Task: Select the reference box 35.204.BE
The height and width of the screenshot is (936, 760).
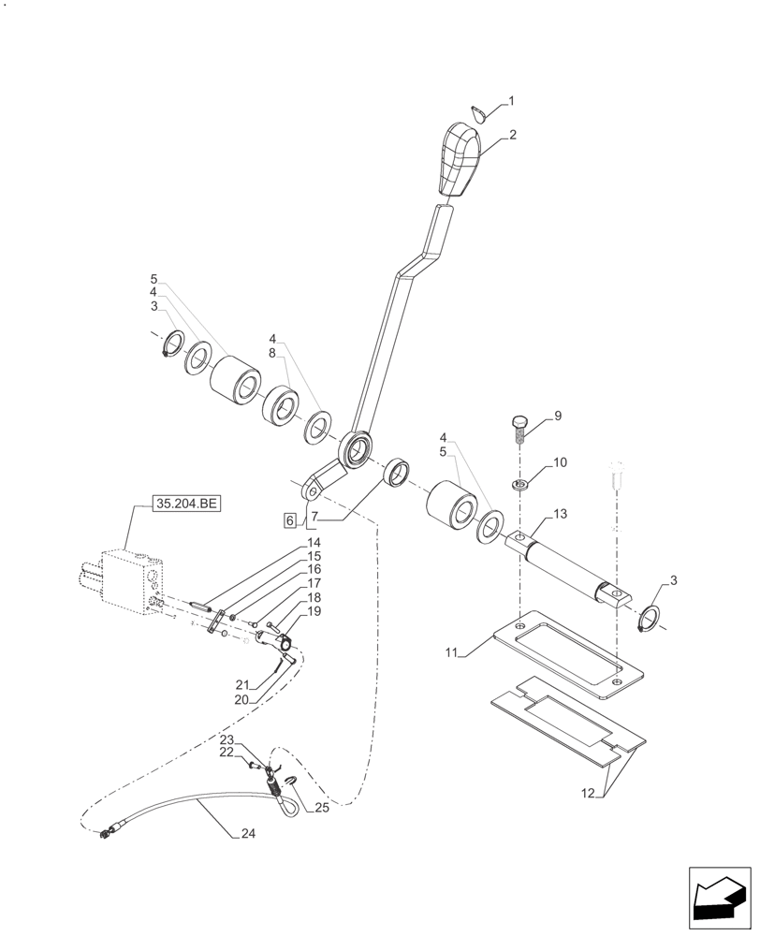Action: (185, 504)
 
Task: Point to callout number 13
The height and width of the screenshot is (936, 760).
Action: (561, 514)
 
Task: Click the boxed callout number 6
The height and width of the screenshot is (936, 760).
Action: (291, 519)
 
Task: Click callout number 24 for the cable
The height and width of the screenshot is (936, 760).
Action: (245, 835)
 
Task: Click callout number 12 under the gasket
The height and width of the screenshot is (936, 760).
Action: (587, 794)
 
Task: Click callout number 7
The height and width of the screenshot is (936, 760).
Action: (314, 517)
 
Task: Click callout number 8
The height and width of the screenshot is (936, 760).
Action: (272, 353)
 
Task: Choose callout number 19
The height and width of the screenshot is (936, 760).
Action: (313, 610)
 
